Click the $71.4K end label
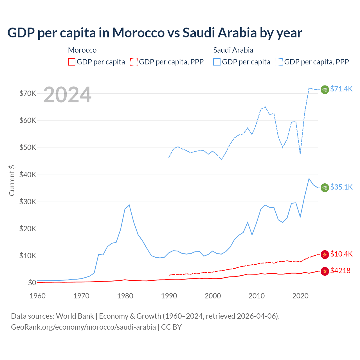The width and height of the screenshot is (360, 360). click(341, 89)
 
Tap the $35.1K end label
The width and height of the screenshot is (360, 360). click(341, 187)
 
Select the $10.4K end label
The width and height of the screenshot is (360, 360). click(341, 254)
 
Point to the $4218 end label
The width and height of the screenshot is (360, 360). click(340, 271)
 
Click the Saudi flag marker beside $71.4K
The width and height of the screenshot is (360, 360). click(325, 89)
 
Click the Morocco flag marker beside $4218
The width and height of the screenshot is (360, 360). click(325, 271)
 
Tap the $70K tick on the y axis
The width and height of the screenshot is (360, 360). click(28, 93)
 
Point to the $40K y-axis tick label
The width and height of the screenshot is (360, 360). click(28, 175)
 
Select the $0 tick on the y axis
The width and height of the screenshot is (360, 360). click(32, 283)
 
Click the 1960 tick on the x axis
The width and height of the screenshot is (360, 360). click(38, 296)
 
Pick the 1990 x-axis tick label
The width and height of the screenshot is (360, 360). click(169, 296)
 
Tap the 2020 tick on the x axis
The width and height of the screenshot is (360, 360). click(300, 296)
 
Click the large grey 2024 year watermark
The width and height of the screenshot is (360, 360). click(67, 95)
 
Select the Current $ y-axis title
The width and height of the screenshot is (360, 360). click(12, 180)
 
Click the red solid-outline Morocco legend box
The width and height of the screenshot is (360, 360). click(72, 62)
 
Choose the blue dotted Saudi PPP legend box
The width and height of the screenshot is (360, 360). click(279, 62)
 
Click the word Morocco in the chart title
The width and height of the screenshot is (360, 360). click(138, 33)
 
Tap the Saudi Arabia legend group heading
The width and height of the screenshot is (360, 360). click(233, 50)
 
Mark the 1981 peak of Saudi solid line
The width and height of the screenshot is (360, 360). click(129, 205)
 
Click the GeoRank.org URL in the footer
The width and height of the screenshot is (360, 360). click(83, 327)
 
